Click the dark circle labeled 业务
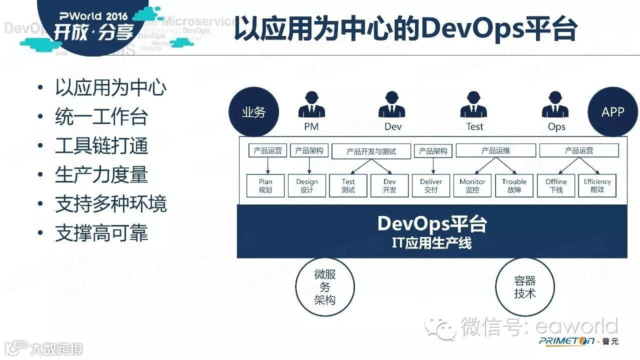pos(253,112)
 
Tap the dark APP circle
pos(612,112)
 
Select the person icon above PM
pos(311,105)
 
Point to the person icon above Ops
pos(555,105)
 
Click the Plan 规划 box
pos(265,185)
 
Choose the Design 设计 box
pos(307,185)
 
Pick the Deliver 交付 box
pos(431,185)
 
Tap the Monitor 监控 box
pos(472,185)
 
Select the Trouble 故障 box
pos(514,185)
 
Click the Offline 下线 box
pos(556,185)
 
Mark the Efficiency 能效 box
pos(597,185)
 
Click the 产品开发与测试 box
pos(371,151)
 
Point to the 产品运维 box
pos(495,150)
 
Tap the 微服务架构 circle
pos(325,287)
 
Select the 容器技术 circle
pos(525,287)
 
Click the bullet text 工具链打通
pos(101,146)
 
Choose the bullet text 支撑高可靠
pos(101,233)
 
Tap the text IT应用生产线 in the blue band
pos(431,243)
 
